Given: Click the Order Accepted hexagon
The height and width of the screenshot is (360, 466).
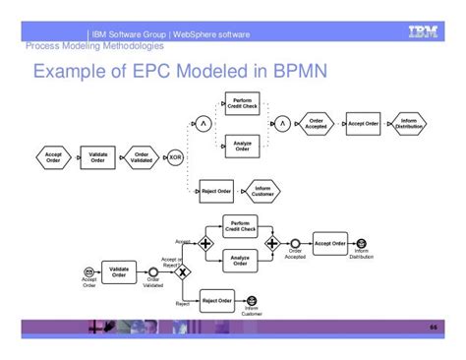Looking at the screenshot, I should click(x=315, y=124).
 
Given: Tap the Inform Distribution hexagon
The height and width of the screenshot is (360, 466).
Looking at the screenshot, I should click(x=408, y=124).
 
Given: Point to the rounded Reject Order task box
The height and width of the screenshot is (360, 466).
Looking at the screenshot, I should click(x=216, y=300).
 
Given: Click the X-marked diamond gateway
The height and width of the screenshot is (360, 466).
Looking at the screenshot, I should click(x=182, y=270).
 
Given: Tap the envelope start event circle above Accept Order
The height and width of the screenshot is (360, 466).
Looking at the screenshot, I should click(x=89, y=270).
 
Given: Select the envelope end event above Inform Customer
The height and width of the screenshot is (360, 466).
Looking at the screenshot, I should click(x=252, y=300).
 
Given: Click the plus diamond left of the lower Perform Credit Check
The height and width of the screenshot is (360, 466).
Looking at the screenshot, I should click(x=205, y=242).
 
